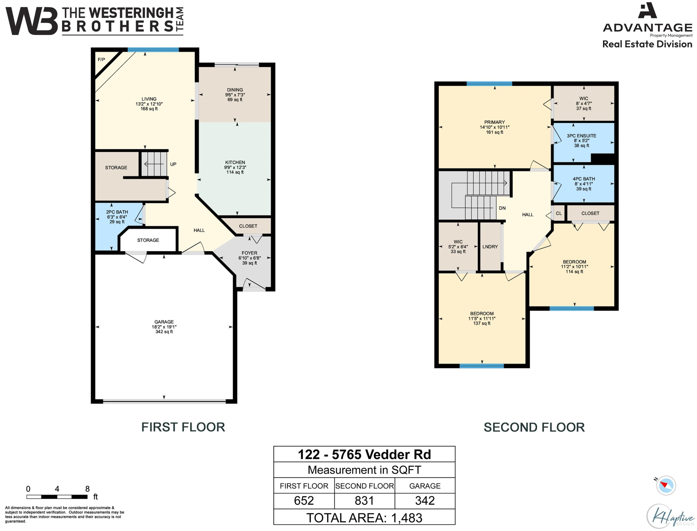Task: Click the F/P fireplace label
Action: click(x=101, y=59)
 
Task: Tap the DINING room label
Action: click(x=235, y=90)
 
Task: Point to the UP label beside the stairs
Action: click(x=173, y=164)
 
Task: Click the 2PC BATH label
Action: click(x=117, y=212)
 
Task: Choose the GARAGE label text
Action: click(x=164, y=322)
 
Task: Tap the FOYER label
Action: click(x=249, y=253)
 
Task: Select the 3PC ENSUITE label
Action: click(x=582, y=136)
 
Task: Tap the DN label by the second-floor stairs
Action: click(x=502, y=208)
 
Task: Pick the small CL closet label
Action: click(x=559, y=213)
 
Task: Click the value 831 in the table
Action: click(x=364, y=500)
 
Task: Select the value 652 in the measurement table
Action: click(x=304, y=500)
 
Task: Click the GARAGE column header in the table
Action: click(x=425, y=486)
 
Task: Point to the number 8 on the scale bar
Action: click(x=87, y=489)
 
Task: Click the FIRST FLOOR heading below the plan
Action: click(x=183, y=427)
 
